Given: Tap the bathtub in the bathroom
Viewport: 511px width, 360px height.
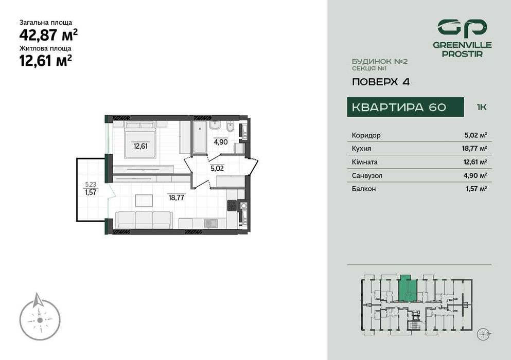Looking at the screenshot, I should (200, 137).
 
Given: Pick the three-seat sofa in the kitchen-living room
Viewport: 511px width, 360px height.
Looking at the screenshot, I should (144, 220).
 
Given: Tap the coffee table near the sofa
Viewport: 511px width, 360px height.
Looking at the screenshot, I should (144, 200).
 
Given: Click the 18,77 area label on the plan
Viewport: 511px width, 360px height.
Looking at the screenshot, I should (177, 196).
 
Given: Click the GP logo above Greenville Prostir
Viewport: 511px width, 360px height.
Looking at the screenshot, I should (462, 28).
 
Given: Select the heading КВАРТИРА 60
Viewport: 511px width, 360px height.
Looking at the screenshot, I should (399, 107).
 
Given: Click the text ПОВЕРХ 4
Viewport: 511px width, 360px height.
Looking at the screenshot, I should (381, 81).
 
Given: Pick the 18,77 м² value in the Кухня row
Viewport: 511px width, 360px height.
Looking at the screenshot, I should (475, 149).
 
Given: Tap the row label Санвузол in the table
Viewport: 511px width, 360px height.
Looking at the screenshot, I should (367, 175).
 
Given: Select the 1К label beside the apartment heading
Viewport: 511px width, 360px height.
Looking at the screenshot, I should (482, 107).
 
